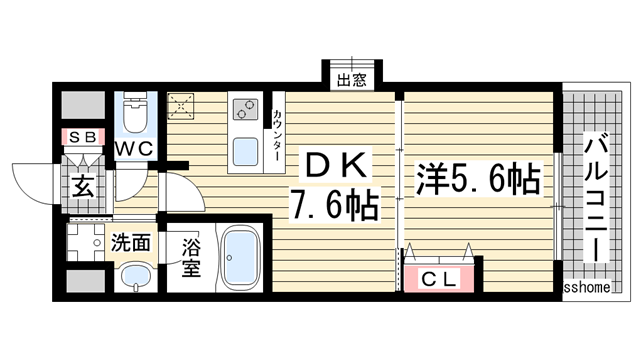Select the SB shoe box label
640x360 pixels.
[78, 136]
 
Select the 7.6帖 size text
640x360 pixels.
[334, 206]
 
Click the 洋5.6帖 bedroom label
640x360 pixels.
[478, 180]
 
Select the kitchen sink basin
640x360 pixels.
[245, 153]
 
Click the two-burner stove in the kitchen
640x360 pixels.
[245, 108]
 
